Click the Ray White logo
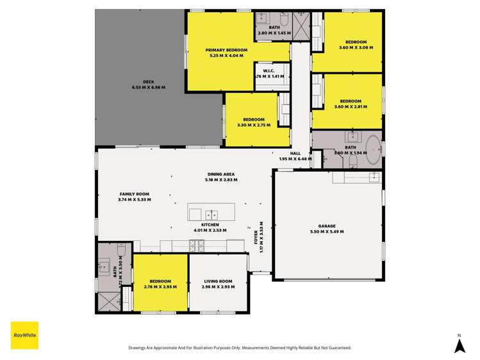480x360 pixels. coord(24,335)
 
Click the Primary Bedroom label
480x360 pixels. coord(222,53)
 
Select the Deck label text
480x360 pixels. coord(149,85)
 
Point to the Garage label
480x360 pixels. coord(327,229)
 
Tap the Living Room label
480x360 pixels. coord(218,283)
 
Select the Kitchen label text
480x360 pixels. coord(210,227)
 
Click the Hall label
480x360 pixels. coord(295,156)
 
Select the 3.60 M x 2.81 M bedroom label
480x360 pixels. coord(351,104)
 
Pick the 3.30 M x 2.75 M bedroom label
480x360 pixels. coord(254,122)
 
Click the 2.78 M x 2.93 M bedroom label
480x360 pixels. coord(160,283)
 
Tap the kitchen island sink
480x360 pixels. coord(213,214)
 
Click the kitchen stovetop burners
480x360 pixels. coord(197,244)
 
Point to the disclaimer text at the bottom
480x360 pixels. coord(240,348)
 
